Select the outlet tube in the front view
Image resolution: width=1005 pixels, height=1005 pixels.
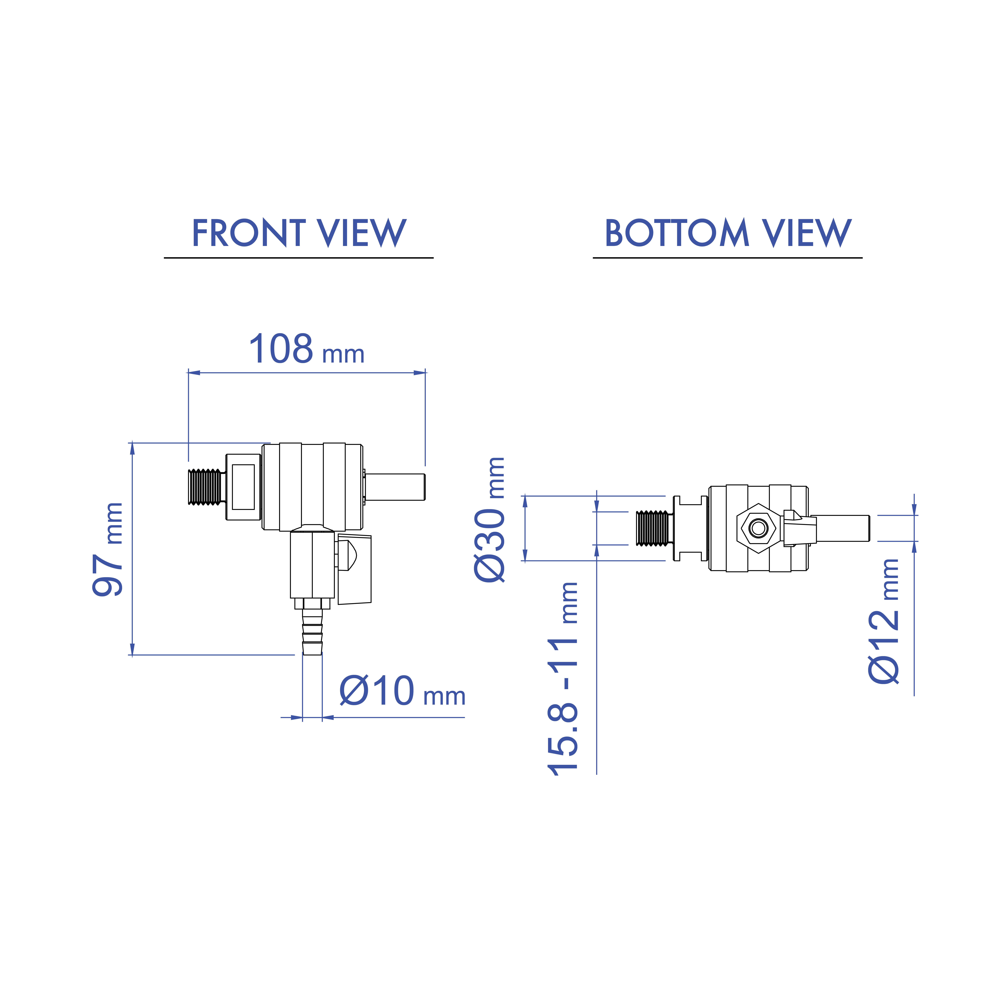(x=395, y=487)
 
